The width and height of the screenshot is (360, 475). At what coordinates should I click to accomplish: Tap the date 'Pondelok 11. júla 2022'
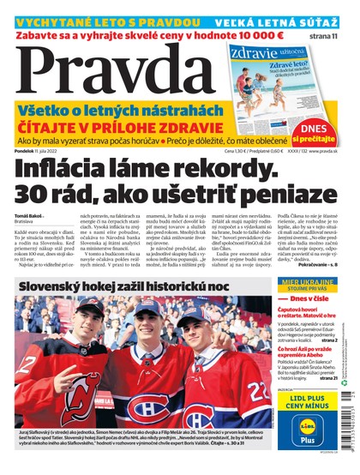pos(40,150)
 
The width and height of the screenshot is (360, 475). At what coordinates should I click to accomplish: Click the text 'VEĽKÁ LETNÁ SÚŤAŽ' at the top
pos(292,20)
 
